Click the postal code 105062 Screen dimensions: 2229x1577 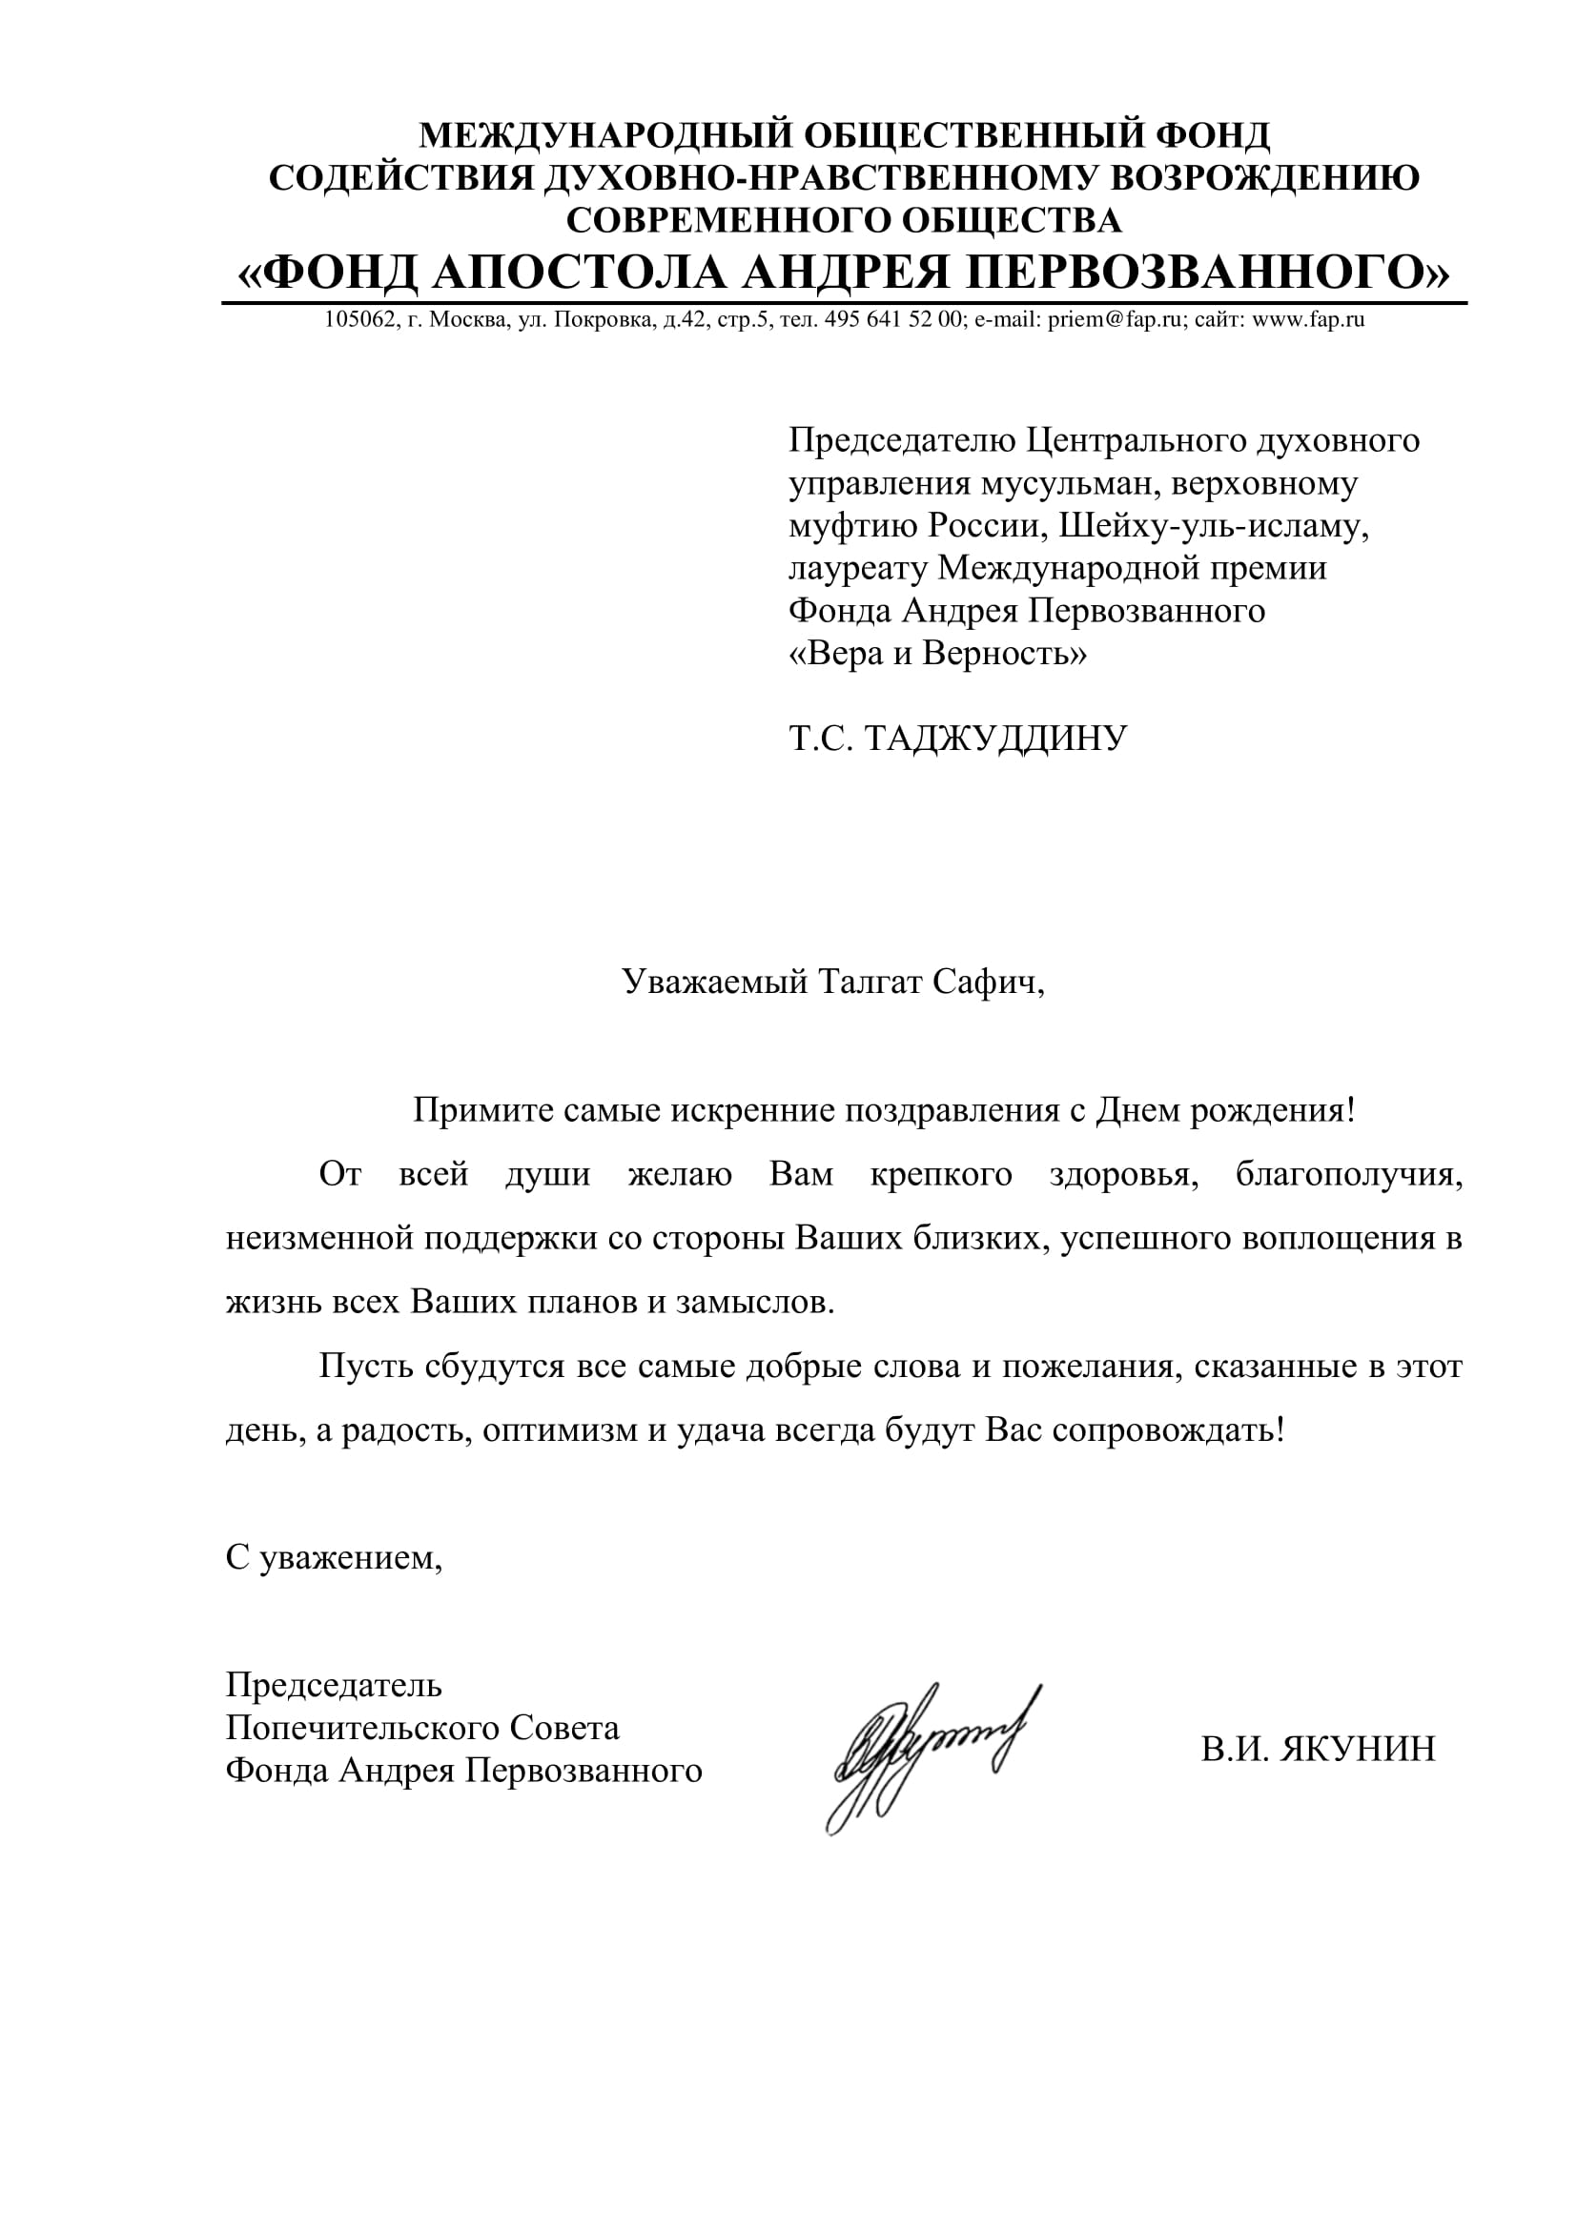pos(358,319)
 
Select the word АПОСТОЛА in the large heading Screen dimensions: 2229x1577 pos(579,273)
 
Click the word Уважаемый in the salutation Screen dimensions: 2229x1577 pos(715,983)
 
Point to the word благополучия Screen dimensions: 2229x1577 pos(1349,1175)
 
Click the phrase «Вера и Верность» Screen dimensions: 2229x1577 pos(937,654)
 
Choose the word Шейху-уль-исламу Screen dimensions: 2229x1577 pos(1213,525)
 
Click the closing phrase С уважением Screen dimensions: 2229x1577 pos(334,1558)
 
